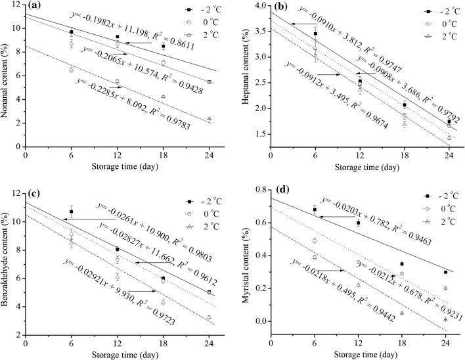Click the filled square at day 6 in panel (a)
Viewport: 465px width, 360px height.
pyautogui.click(x=71, y=32)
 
